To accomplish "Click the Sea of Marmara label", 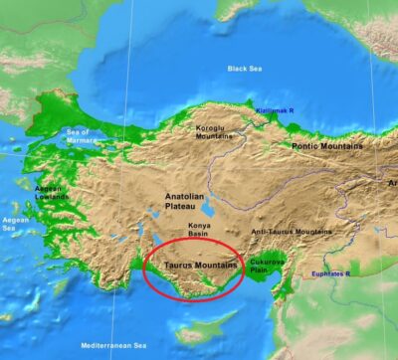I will (78, 135).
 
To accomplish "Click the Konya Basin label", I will (205, 231).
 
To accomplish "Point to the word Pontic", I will (307, 145).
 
